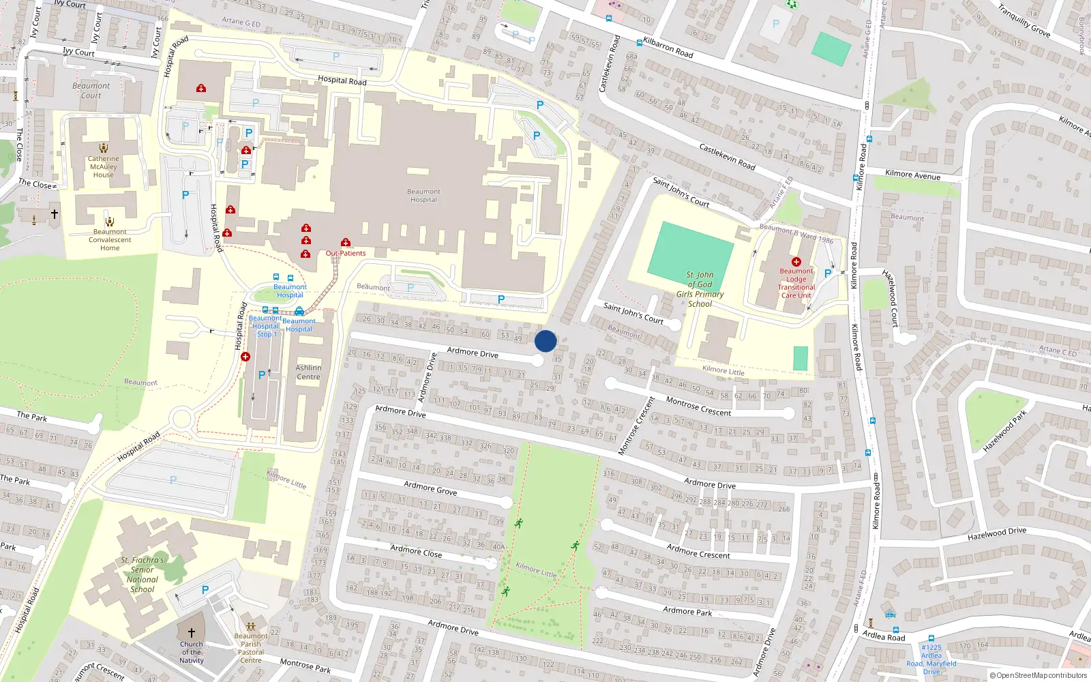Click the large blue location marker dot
click(545, 341)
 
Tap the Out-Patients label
click(346, 253)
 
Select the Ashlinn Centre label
click(308, 372)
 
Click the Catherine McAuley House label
click(103, 166)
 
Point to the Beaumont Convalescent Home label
click(109, 240)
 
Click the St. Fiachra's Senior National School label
click(142, 575)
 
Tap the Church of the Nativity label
click(192, 652)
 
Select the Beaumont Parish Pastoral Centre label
click(251, 648)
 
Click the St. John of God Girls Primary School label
click(700, 290)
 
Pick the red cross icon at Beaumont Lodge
click(796, 262)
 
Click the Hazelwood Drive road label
click(996, 534)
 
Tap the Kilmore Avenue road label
click(912, 175)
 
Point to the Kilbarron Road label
click(668, 47)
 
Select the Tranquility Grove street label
click(1024, 20)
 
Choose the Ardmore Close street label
click(416, 551)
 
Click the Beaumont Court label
click(91, 91)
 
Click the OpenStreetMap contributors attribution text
click(1041, 676)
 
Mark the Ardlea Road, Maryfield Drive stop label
click(931, 659)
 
